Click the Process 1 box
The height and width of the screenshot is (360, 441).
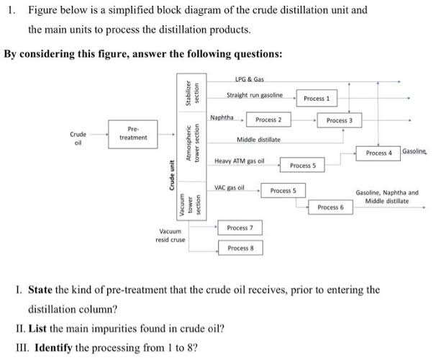pos(317,98)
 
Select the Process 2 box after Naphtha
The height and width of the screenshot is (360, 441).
pos(268,118)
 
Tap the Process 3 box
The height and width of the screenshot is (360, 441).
pos(339,120)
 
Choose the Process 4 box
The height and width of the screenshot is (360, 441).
pos(378,153)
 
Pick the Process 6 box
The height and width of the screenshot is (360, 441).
pos(330,207)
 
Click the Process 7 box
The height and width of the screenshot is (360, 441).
pos(240,228)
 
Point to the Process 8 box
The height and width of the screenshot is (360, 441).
pos(240,248)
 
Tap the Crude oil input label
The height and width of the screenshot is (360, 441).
pos(78,137)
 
